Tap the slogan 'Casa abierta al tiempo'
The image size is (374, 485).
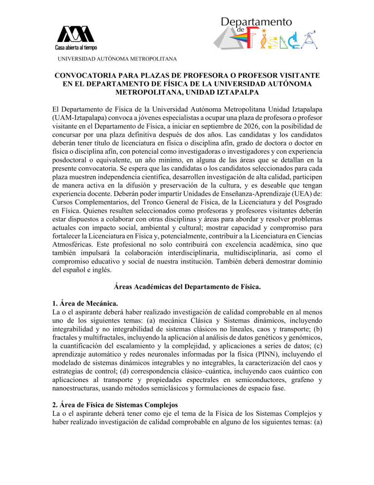coord(75,47)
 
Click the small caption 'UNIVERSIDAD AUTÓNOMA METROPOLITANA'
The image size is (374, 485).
coord(117,59)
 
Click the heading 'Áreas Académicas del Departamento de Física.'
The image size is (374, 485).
coord(187,288)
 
